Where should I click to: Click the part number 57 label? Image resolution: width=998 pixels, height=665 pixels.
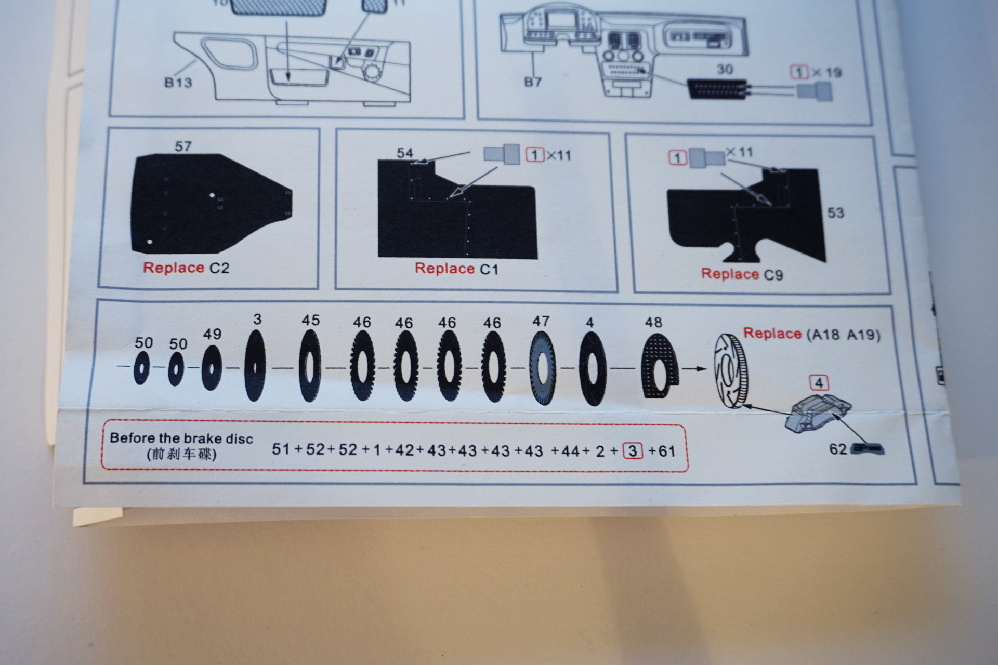pos(183,147)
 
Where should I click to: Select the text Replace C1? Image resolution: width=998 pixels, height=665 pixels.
pos(456,269)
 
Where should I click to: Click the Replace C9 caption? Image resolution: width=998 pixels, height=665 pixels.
pos(742,274)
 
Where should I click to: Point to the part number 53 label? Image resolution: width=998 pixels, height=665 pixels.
pos(836,212)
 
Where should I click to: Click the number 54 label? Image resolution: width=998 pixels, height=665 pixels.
pos(405,153)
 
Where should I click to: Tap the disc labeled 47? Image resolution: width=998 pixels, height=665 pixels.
pos(543,368)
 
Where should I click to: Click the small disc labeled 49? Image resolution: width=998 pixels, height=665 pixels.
pos(211,367)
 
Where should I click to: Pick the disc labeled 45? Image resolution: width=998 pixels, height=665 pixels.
pos(310,365)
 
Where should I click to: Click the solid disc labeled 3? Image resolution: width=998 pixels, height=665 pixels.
pos(255,365)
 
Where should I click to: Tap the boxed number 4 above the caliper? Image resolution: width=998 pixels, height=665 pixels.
pos(819,383)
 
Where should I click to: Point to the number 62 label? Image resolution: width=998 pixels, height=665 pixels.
pos(838,449)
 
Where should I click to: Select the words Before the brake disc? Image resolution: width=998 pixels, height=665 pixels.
pos(181,438)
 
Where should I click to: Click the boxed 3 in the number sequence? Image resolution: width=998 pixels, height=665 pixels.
pos(632,450)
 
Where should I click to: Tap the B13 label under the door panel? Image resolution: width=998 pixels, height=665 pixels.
pos(178,82)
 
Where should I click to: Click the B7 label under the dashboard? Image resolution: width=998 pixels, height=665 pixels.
pos(533,82)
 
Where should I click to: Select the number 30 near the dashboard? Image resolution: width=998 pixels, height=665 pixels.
pos(725,69)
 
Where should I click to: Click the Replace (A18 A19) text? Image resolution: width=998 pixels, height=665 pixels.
pos(812,334)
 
